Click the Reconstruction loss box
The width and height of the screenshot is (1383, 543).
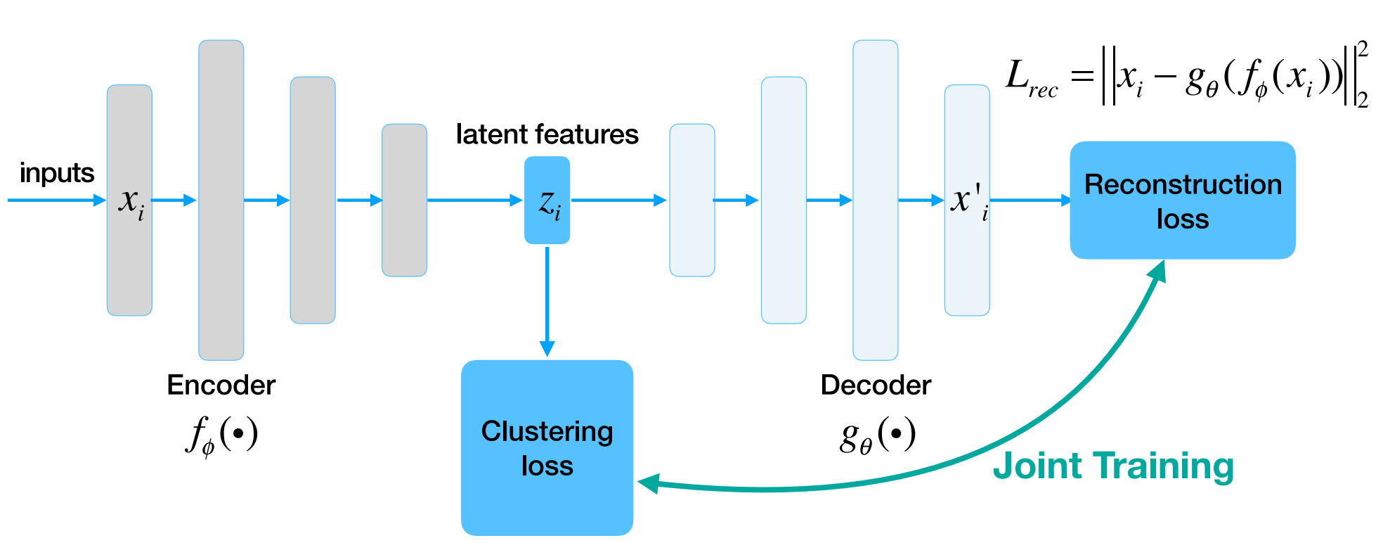1182,200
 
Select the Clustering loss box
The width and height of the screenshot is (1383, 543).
547,447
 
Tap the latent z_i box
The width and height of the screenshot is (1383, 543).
547,200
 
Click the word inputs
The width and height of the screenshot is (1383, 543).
56,173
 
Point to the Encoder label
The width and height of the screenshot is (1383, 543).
221,385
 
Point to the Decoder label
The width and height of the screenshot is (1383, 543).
875,385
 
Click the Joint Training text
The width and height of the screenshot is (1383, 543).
1112,466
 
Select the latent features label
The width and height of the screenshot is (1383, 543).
547,134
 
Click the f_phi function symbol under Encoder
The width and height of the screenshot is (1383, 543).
221,434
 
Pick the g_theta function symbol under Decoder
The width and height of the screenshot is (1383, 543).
877,435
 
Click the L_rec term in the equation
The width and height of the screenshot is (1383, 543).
1030,77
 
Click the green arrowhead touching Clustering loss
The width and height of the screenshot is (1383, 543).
648,483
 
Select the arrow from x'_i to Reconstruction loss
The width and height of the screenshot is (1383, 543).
1030,200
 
